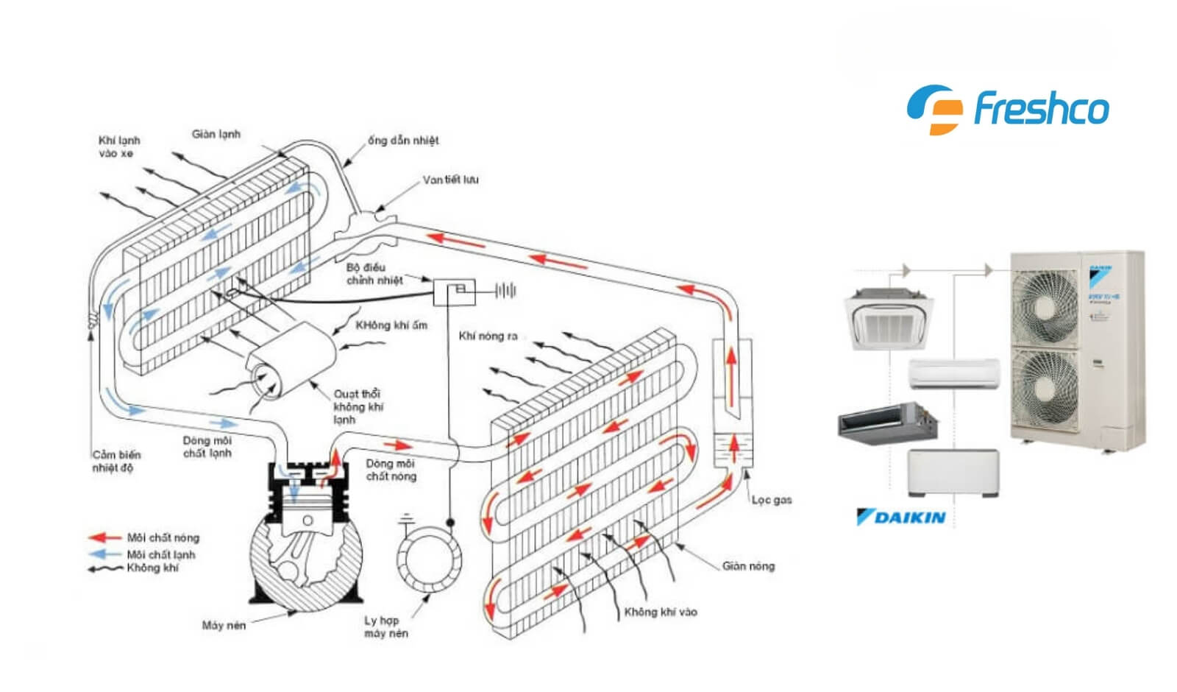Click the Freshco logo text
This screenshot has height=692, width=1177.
click(1040, 110)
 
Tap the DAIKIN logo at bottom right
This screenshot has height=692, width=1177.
click(901, 518)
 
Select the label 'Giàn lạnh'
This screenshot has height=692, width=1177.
click(216, 134)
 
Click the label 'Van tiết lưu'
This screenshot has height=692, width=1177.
click(450, 180)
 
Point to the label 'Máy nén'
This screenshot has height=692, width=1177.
click(224, 625)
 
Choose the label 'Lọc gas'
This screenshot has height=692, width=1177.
click(772, 500)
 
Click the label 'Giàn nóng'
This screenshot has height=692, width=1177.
click(748, 566)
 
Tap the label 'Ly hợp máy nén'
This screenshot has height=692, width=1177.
click(385, 626)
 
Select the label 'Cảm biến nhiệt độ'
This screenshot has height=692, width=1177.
click(115, 462)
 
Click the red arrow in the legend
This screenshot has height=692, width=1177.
click(104, 538)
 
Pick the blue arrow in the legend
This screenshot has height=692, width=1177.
click(104, 554)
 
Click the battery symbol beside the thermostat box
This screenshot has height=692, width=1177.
click(505, 291)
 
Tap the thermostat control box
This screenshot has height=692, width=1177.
click(453, 292)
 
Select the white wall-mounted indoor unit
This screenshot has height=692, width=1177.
click(954, 374)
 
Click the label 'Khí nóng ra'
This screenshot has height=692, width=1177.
click(488, 336)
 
